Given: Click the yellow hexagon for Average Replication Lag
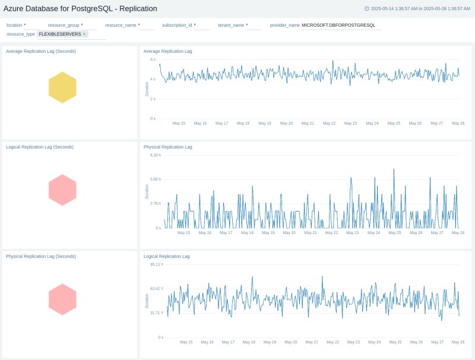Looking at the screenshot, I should click(x=62, y=87).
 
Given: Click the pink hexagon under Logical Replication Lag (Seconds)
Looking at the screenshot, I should click(x=62, y=190).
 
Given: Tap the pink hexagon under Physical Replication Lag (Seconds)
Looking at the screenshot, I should click(x=62, y=299).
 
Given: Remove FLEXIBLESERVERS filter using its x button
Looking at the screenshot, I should click(x=84, y=34).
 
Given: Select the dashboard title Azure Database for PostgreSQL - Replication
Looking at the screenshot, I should click(x=81, y=8).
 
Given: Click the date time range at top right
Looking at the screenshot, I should click(x=420, y=9).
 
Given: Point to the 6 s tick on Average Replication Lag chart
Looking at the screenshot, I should click(x=153, y=59).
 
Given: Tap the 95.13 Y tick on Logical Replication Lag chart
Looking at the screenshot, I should click(x=156, y=264).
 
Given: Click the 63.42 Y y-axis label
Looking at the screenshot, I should click(x=156, y=289).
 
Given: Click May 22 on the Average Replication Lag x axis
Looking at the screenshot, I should click(x=329, y=124).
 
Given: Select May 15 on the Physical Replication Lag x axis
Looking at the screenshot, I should click(x=184, y=233).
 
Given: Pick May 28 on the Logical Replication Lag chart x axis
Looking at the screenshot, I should click(x=458, y=342).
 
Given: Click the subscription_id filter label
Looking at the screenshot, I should click(x=177, y=26).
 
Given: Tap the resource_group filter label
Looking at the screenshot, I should click(x=64, y=26).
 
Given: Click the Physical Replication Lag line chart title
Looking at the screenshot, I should click(x=168, y=147).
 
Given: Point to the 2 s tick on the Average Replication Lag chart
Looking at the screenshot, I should click(x=153, y=99).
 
